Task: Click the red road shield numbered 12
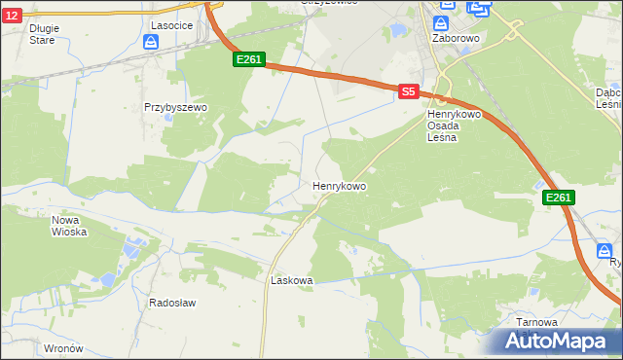[x=9, y=17]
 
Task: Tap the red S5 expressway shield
[x=409, y=91]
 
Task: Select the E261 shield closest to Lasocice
[x=248, y=60]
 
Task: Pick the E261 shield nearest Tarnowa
[x=558, y=198]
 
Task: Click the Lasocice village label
[x=169, y=24]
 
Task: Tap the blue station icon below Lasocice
[x=151, y=42]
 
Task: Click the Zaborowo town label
[x=453, y=39]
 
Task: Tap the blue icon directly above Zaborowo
[x=441, y=22]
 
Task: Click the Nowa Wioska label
[x=69, y=226]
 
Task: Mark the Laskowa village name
[x=291, y=280]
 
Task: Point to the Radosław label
[x=172, y=303]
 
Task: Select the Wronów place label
[x=63, y=347]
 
